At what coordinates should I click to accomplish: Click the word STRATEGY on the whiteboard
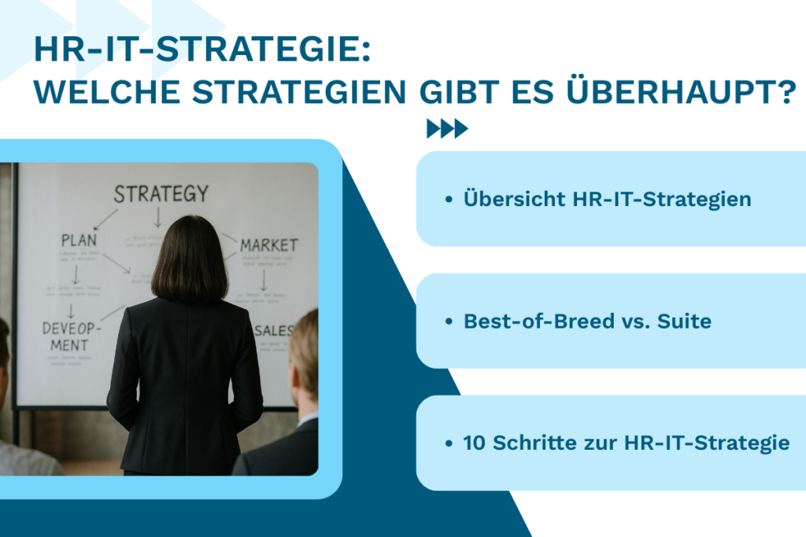click(161, 193)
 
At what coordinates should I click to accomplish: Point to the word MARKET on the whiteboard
click(269, 245)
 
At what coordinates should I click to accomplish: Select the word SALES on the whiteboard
click(275, 328)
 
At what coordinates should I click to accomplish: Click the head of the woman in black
click(189, 260)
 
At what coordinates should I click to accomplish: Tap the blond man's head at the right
click(305, 355)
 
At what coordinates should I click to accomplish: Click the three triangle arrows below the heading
click(447, 129)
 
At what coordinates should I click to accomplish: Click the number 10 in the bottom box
click(475, 443)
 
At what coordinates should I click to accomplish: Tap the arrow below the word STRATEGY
click(157, 215)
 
